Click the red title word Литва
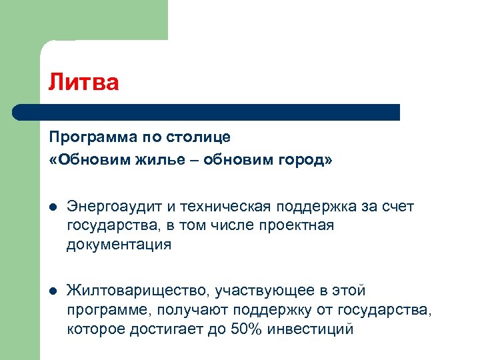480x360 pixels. coord(83,83)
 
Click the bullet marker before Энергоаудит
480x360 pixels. coord(53,207)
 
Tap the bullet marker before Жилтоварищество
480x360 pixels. coord(53,292)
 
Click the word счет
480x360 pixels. coord(398,207)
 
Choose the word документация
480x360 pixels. coord(119,245)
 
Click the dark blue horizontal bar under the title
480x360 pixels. coord(207,111)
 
